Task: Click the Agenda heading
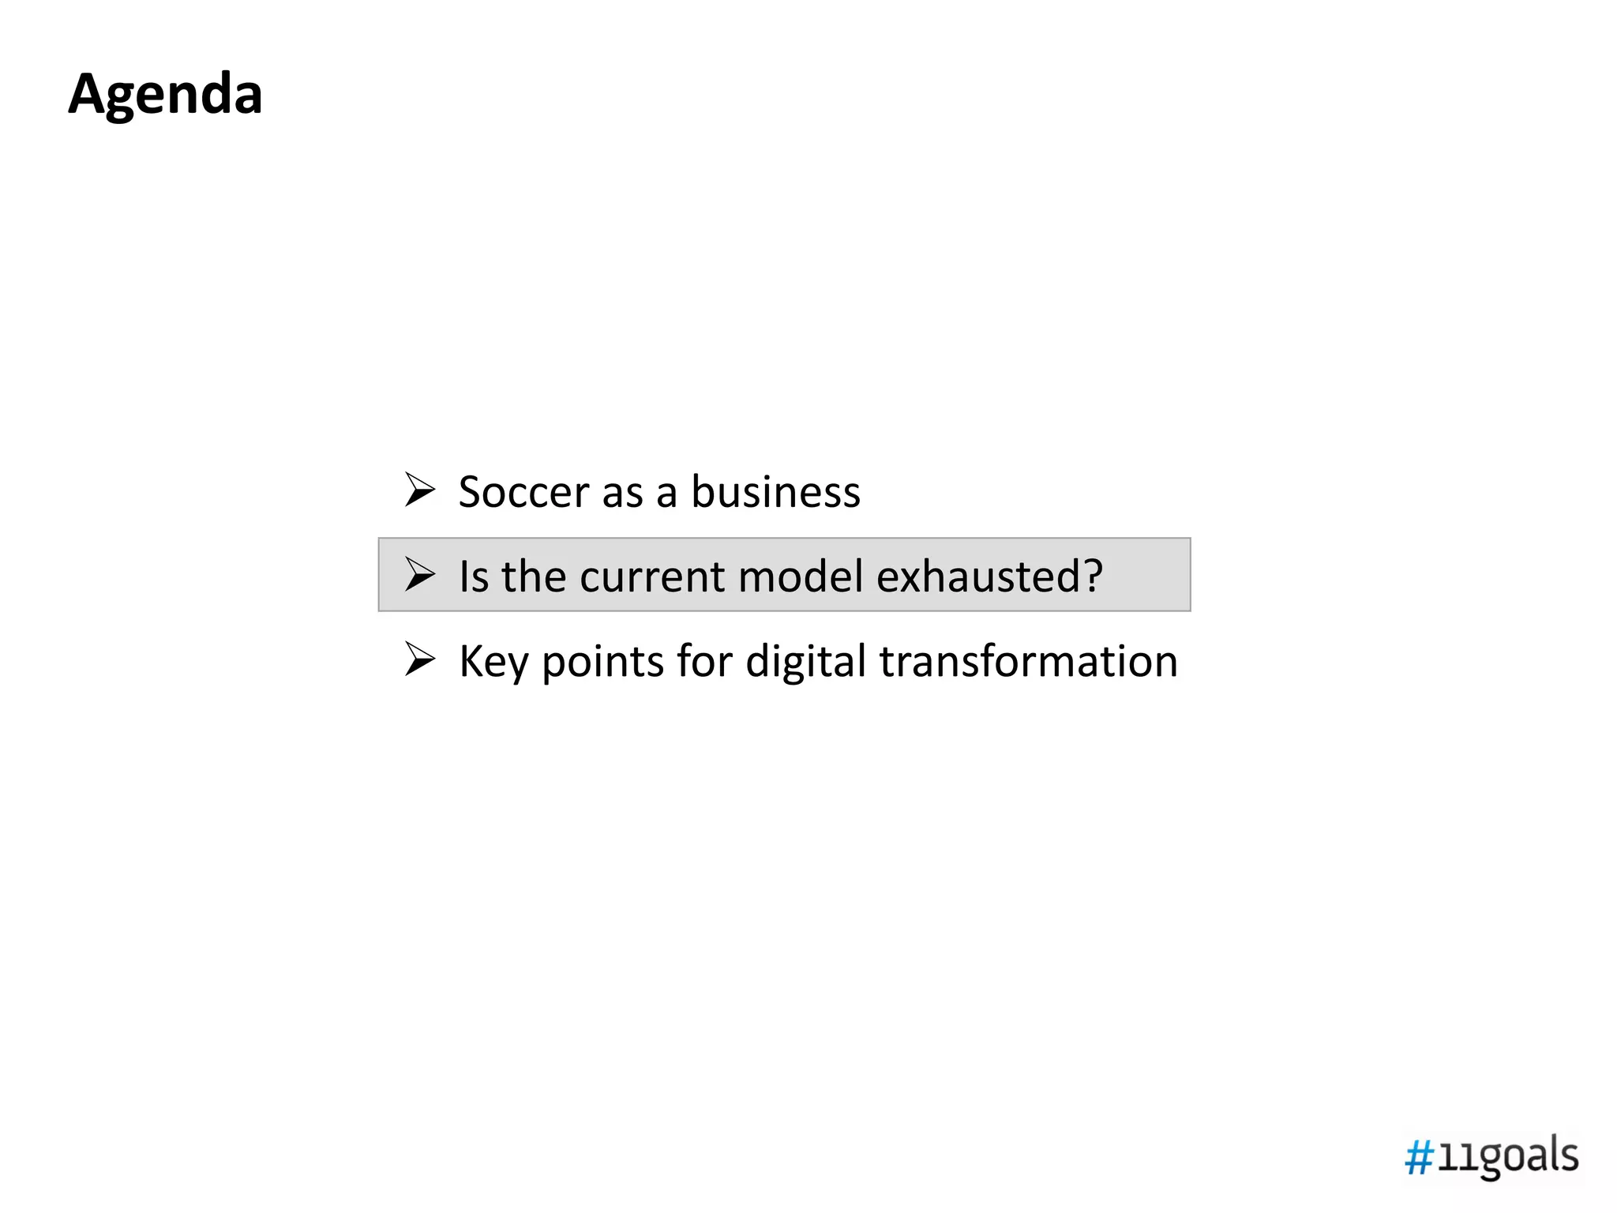tap(165, 95)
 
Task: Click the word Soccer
tap(523, 492)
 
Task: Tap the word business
tap(775, 492)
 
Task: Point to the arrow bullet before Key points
tap(419, 659)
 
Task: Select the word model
tap(800, 576)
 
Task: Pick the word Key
tap(493, 662)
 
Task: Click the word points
tap(602, 662)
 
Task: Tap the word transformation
tap(1028, 662)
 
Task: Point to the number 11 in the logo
tap(1452, 1160)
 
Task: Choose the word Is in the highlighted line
tap(474, 576)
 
